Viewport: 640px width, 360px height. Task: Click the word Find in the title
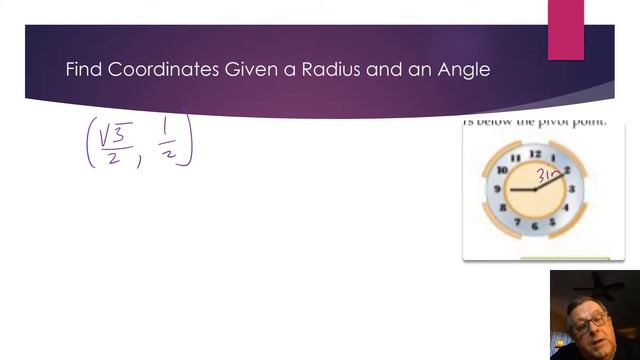83,71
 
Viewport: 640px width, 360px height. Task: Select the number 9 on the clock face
497,189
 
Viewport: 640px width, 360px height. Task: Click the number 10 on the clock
502,171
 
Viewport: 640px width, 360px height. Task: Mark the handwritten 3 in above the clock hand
549,174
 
